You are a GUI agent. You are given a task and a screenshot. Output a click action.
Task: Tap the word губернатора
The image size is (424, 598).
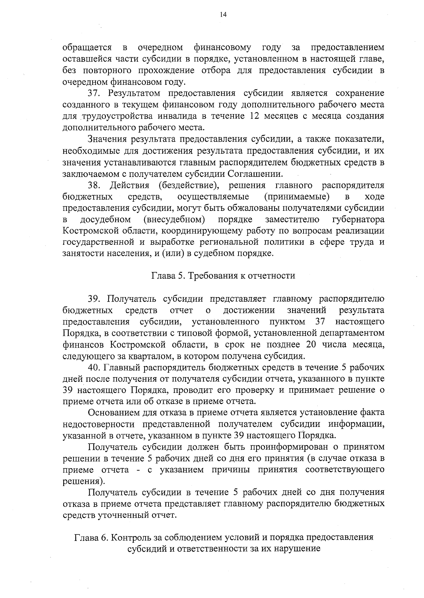[x=359, y=220]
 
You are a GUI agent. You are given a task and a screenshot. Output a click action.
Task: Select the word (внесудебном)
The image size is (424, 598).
[x=175, y=220]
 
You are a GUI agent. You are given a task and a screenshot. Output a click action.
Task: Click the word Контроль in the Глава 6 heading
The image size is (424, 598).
[x=131, y=538]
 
